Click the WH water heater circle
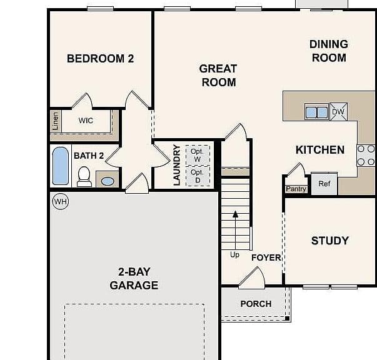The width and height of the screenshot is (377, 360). tap(61, 201)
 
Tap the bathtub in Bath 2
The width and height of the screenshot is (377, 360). tap(61, 166)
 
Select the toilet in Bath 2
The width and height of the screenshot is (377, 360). tap(84, 177)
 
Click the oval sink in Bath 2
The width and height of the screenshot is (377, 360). tap(108, 181)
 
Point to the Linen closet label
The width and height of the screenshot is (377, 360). tap(55, 121)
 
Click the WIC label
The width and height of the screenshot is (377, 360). tap(86, 120)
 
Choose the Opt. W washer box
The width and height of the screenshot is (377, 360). tap(198, 155)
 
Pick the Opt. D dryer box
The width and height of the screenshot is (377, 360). tap(198, 176)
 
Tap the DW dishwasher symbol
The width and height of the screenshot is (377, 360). tap(338, 111)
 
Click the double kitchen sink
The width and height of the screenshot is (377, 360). tap(316, 112)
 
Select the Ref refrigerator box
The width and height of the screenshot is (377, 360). tap(324, 184)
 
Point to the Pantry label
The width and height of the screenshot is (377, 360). tap(296, 189)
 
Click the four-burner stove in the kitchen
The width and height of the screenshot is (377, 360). tap(366, 155)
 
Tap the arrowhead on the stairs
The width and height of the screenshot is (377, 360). tap(235, 214)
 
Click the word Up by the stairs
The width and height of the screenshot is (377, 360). tap(234, 255)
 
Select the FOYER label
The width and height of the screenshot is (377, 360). tap(266, 257)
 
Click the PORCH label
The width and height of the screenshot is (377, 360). tap(256, 304)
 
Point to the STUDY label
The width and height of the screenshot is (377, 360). tap(330, 241)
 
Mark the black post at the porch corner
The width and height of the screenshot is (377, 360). tap(287, 318)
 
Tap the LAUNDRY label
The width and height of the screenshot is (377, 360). tap(177, 165)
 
